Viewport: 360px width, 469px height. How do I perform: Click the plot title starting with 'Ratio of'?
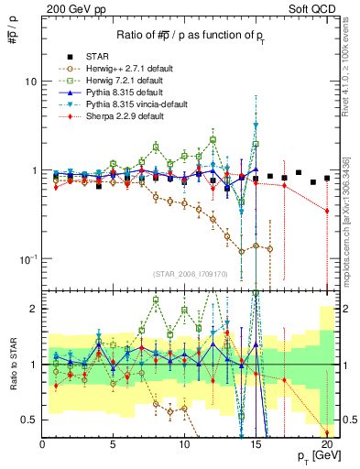(183, 36)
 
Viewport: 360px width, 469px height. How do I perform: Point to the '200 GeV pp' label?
(69, 8)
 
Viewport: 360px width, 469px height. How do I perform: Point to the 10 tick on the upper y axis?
(30, 82)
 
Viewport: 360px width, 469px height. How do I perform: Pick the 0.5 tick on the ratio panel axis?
(29, 420)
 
